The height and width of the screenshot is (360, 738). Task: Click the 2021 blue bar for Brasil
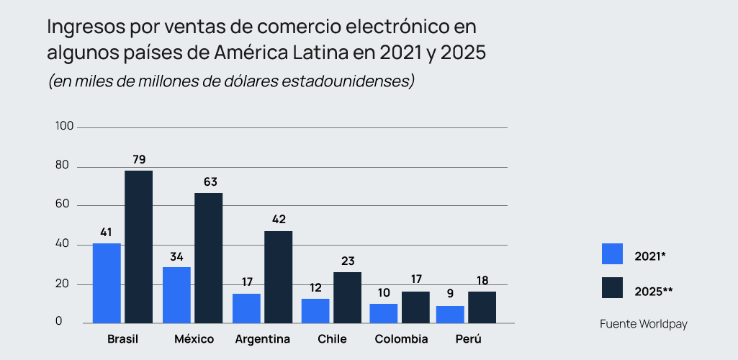(107, 283)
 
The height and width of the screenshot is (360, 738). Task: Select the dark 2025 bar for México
(208, 258)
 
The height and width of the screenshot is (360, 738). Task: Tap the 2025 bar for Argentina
(278, 276)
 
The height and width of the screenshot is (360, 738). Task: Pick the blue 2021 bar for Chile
(315, 310)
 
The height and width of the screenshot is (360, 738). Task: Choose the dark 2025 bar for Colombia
(416, 307)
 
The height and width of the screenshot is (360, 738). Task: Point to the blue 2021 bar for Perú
(451, 314)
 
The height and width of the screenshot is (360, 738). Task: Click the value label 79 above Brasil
(139, 159)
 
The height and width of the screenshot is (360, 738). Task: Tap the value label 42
(279, 220)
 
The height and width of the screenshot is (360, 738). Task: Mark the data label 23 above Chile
(348, 261)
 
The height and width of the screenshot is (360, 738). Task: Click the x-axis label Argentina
(263, 339)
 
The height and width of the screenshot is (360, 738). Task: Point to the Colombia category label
(402, 339)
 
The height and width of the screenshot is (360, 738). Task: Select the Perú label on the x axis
(468, 339)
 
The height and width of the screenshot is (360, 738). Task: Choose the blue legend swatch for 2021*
(612, 254)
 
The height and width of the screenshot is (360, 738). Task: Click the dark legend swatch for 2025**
(612, 288)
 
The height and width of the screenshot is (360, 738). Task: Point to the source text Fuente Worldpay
(644, 324)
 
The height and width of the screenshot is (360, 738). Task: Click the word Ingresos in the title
(79, 27)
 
